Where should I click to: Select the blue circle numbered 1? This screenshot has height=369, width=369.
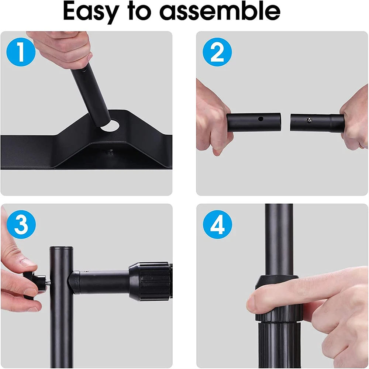click(x=21, y=53)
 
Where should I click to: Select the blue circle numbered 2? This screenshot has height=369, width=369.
click(x=217, y=53)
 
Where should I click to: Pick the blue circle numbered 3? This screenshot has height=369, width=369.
click(x=21, y=224)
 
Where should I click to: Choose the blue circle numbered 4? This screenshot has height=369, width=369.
click(x=217, y=224)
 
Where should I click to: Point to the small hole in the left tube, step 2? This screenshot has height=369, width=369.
click(x=261, y=119)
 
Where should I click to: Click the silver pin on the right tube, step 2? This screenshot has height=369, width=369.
click(x=308, y=119)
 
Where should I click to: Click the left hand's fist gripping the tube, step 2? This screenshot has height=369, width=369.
click(x=212, y=122)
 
